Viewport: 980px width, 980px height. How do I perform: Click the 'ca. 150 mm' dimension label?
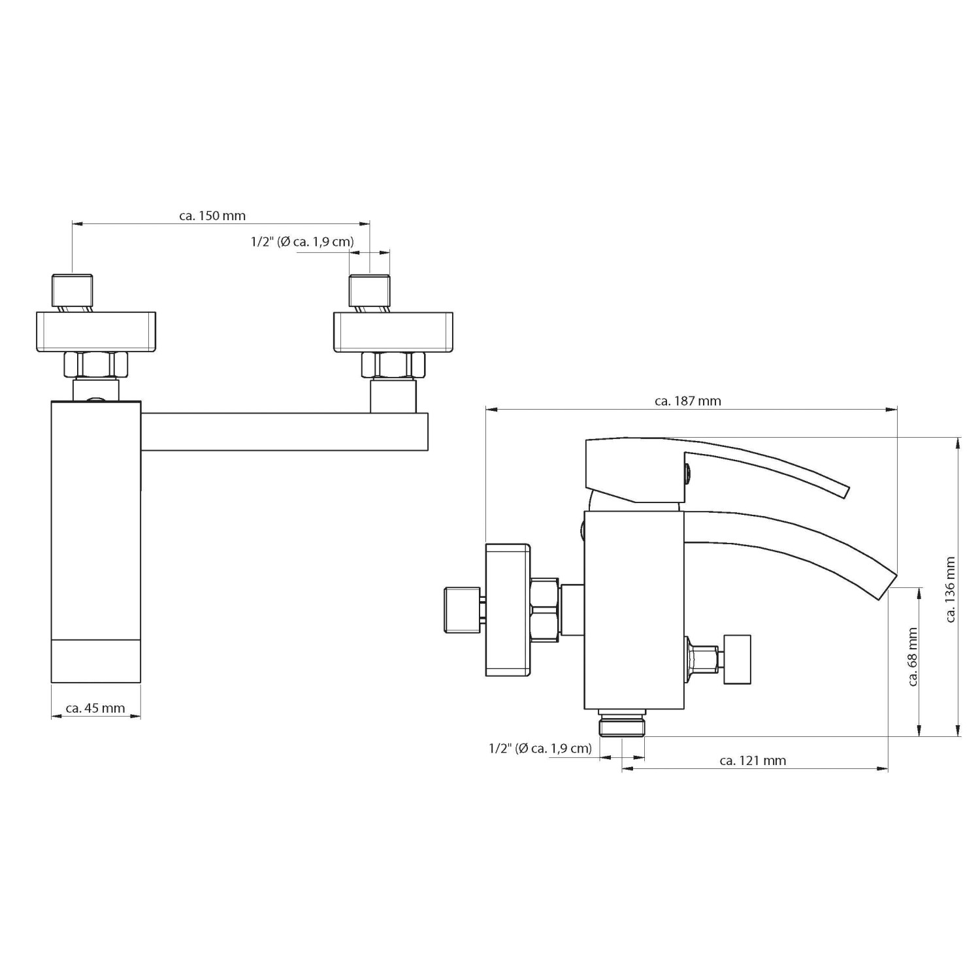pos(212,215)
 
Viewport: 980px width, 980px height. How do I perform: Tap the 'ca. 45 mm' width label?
pos(95,708)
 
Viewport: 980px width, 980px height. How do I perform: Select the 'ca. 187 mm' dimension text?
pos(688,400)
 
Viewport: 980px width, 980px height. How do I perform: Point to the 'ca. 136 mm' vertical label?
pos(951,589)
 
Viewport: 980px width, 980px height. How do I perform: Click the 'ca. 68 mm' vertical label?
pos(913,657)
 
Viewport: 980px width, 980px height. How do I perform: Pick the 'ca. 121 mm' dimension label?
pos(753,760)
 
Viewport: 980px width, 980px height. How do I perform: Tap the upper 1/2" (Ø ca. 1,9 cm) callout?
pos(302,242)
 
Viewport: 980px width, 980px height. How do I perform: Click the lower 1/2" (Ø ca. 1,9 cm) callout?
pos(540,749)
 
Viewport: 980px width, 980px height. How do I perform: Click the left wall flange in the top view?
pos(95,333)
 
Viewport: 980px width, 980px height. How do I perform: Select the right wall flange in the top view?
pos(394,333)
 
